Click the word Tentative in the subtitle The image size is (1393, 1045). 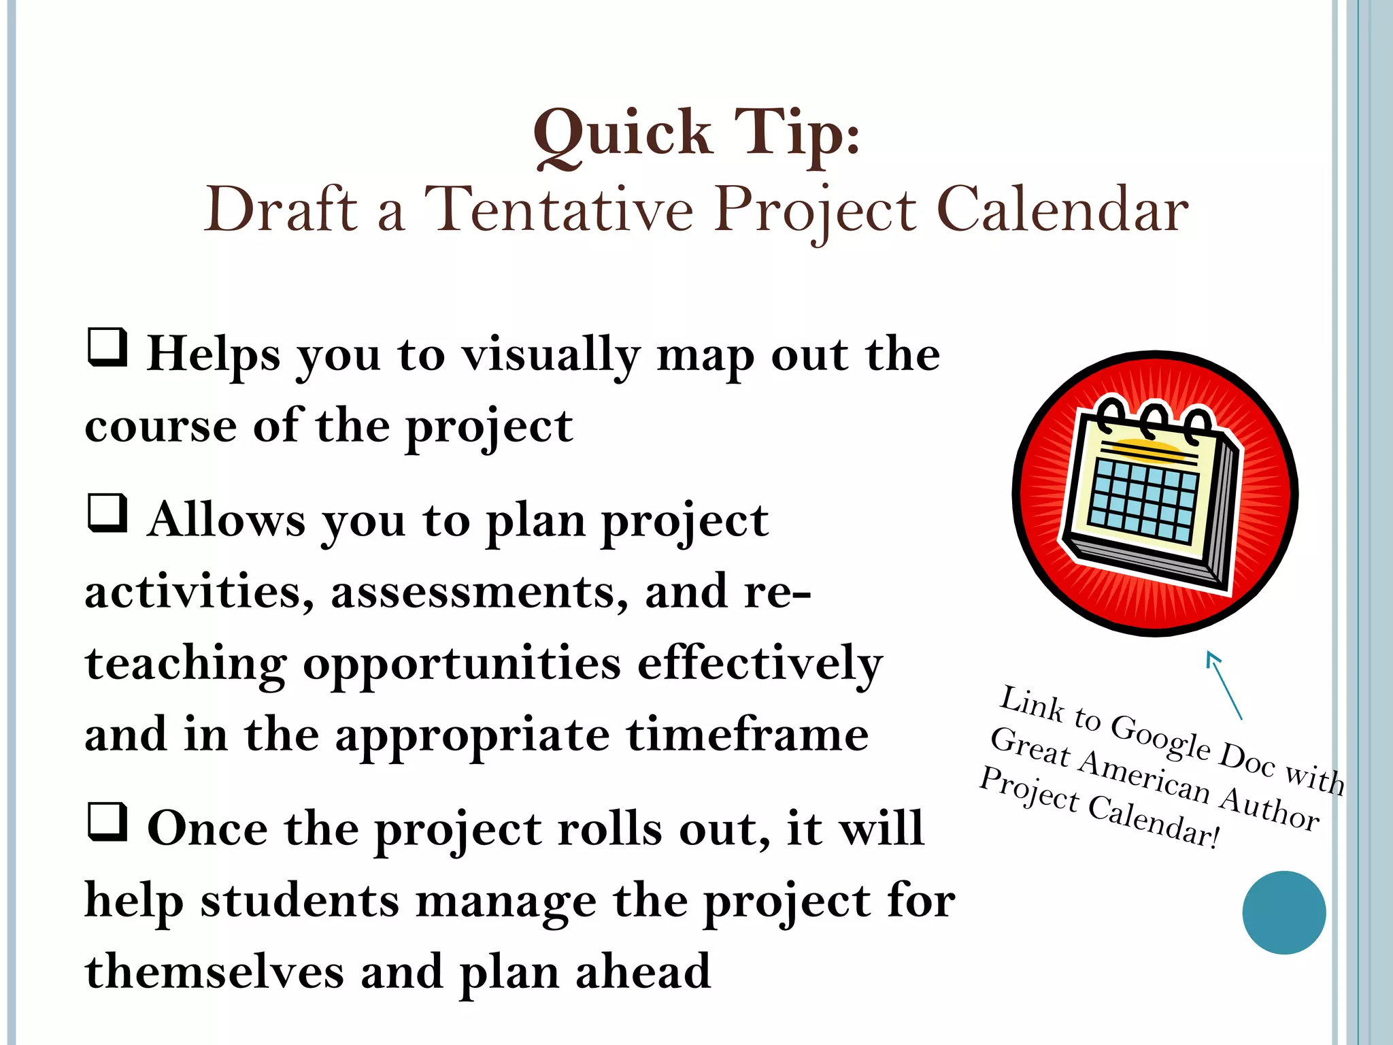(558, 210)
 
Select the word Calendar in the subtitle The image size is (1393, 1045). (1062, 210)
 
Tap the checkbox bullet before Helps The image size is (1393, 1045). (107, 348)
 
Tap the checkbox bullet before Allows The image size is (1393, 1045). (107, 514)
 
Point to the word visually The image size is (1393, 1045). (551, 356)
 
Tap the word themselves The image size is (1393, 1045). (214, 972)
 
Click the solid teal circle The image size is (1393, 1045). (1283, 912)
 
